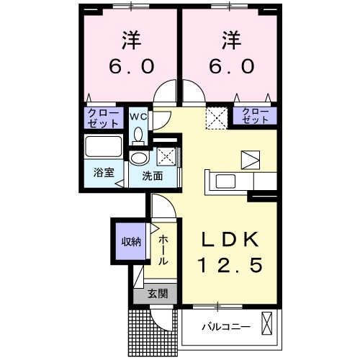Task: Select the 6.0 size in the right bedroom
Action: point(228,66)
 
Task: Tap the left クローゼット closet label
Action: point(102,117)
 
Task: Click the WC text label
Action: point(138,115)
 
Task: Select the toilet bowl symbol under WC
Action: point(138,135)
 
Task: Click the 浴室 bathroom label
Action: point(103,174)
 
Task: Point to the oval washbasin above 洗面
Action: point(139,158)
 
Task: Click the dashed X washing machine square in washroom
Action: point(166,156)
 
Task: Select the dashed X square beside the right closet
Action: point(216,116)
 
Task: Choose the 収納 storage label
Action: point(130,241)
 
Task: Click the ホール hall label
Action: point(164,249)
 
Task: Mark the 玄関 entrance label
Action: point(158,293)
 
